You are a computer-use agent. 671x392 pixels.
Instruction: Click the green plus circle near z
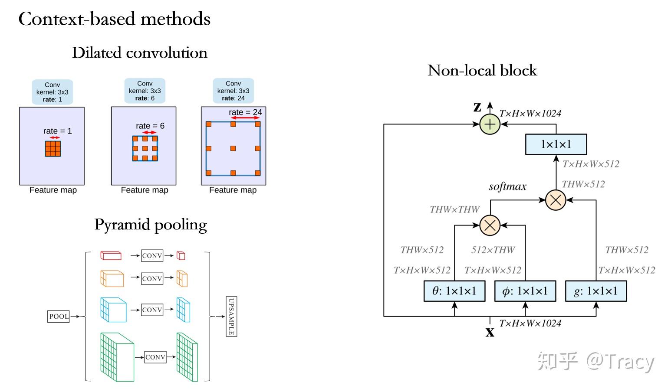(490, 124)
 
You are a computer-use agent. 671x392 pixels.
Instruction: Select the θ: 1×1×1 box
(454, 291)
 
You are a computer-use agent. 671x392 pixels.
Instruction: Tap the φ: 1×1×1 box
(525, 291)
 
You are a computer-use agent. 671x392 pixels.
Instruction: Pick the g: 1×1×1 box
(596, 291)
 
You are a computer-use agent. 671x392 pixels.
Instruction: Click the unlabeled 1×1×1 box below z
(556, 144)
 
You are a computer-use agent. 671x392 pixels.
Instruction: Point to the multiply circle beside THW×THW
(490, 225)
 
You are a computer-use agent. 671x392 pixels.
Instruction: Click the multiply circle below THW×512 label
(556, 200)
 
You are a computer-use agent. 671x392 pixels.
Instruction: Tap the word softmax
(507, 186)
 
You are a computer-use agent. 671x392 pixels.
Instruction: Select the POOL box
(59, 316)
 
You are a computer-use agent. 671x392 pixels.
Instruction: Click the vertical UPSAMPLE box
(231, 317)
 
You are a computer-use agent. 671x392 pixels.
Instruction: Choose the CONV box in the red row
(152, 256)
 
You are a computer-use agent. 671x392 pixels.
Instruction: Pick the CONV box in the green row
(155, 357)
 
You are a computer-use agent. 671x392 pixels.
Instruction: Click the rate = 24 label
(246, 112)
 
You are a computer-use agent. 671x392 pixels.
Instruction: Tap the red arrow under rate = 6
(150, 132)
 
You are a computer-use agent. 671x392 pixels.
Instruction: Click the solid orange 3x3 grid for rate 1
(53, 148)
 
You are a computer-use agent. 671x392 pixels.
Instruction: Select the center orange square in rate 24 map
(233, 148)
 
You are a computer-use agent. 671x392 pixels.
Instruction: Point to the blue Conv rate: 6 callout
(145, 91)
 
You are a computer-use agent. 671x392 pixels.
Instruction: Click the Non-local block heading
(482, 70)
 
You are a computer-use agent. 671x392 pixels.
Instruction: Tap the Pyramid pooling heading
(151, 225)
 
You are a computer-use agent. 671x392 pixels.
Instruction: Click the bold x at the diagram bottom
(490, 332)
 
